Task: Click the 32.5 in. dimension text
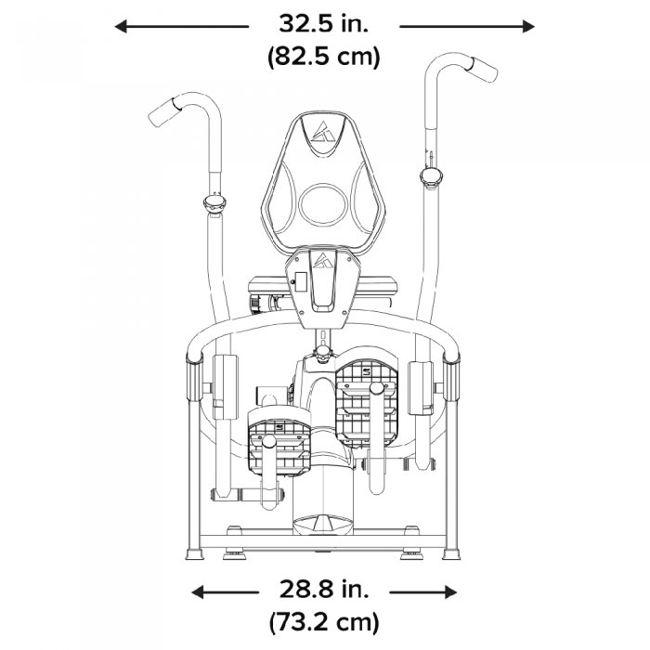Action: click(324, 22)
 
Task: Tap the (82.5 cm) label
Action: click(324, 56)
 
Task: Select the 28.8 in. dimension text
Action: click(324, 590)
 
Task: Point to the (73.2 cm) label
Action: click(324, 621)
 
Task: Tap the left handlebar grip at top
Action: click(163, 112)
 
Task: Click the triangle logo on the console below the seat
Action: click(323, 260)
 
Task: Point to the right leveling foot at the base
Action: click(452, 553)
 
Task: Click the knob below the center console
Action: click(323, 353)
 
